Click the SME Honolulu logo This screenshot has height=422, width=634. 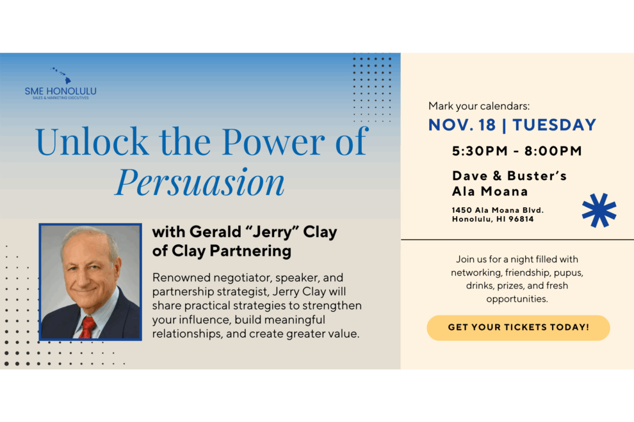click(x=61, y=84)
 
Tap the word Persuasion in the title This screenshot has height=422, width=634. click(x=200, y=182)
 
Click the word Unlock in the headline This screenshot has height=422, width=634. click(x=92, y=141)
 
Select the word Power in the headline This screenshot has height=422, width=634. click(x=273, y=141)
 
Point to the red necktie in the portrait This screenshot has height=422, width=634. click(x=87, y=327)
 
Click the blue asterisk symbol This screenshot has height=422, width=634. click(x=599, y=210)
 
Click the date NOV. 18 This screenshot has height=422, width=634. click(x=462, y=125)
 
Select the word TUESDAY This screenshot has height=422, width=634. click(x=555, y=125)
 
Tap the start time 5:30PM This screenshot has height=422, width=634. click(x=480, y=151)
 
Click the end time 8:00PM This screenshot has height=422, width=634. click(x=553, y=151)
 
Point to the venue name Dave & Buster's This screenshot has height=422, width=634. click(x=510, y=176)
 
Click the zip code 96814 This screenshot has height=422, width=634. click(x=521, y=219)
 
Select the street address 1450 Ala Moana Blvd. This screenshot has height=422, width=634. click(x=498, y=210)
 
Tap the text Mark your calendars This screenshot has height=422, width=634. click(x=479, y=106)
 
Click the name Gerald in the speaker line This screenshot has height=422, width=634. click(x=216, y=232)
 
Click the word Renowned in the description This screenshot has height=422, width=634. click(x=181, y=278)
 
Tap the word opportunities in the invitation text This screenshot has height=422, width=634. click(x=517, y=299)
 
